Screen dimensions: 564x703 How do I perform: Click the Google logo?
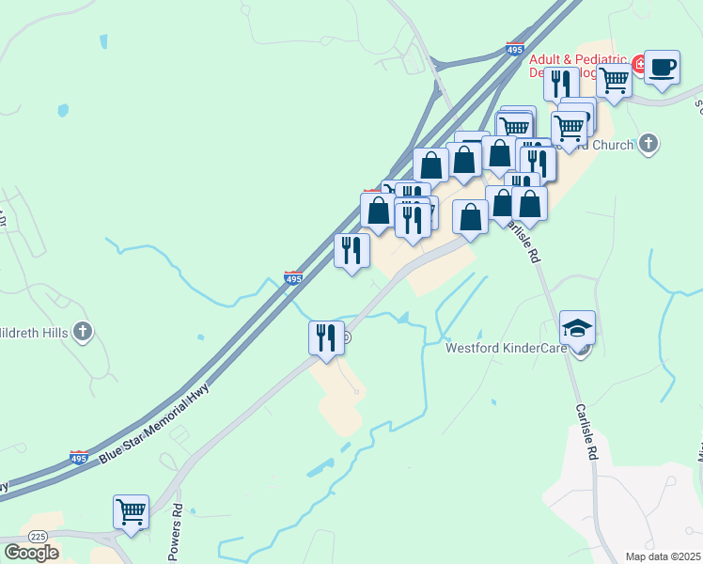click(x=31, y=552)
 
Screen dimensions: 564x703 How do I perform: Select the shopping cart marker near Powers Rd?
click(x=131, y=513)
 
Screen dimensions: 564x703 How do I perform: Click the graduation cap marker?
click(x=577, y=328)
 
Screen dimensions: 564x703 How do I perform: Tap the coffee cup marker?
click(x=662, y=69)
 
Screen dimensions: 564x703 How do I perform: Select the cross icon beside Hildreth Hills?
click(x=84, y=331)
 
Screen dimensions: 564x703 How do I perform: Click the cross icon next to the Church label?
click(x=648, y=144)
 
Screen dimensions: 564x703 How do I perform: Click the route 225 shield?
click(x=38, y=536)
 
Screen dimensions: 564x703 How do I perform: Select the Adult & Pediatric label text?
click(x=577, y=58)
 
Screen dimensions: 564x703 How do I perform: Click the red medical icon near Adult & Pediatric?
click(x=639, y=64)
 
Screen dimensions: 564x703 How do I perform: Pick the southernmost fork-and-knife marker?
click(x=326, y=338)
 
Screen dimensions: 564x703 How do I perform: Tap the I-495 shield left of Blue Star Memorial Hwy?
click(x=80, y=457)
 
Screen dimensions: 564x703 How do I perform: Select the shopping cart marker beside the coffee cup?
click(x=614, y=82)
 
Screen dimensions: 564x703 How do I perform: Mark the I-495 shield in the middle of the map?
click(x=293, y=278)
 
